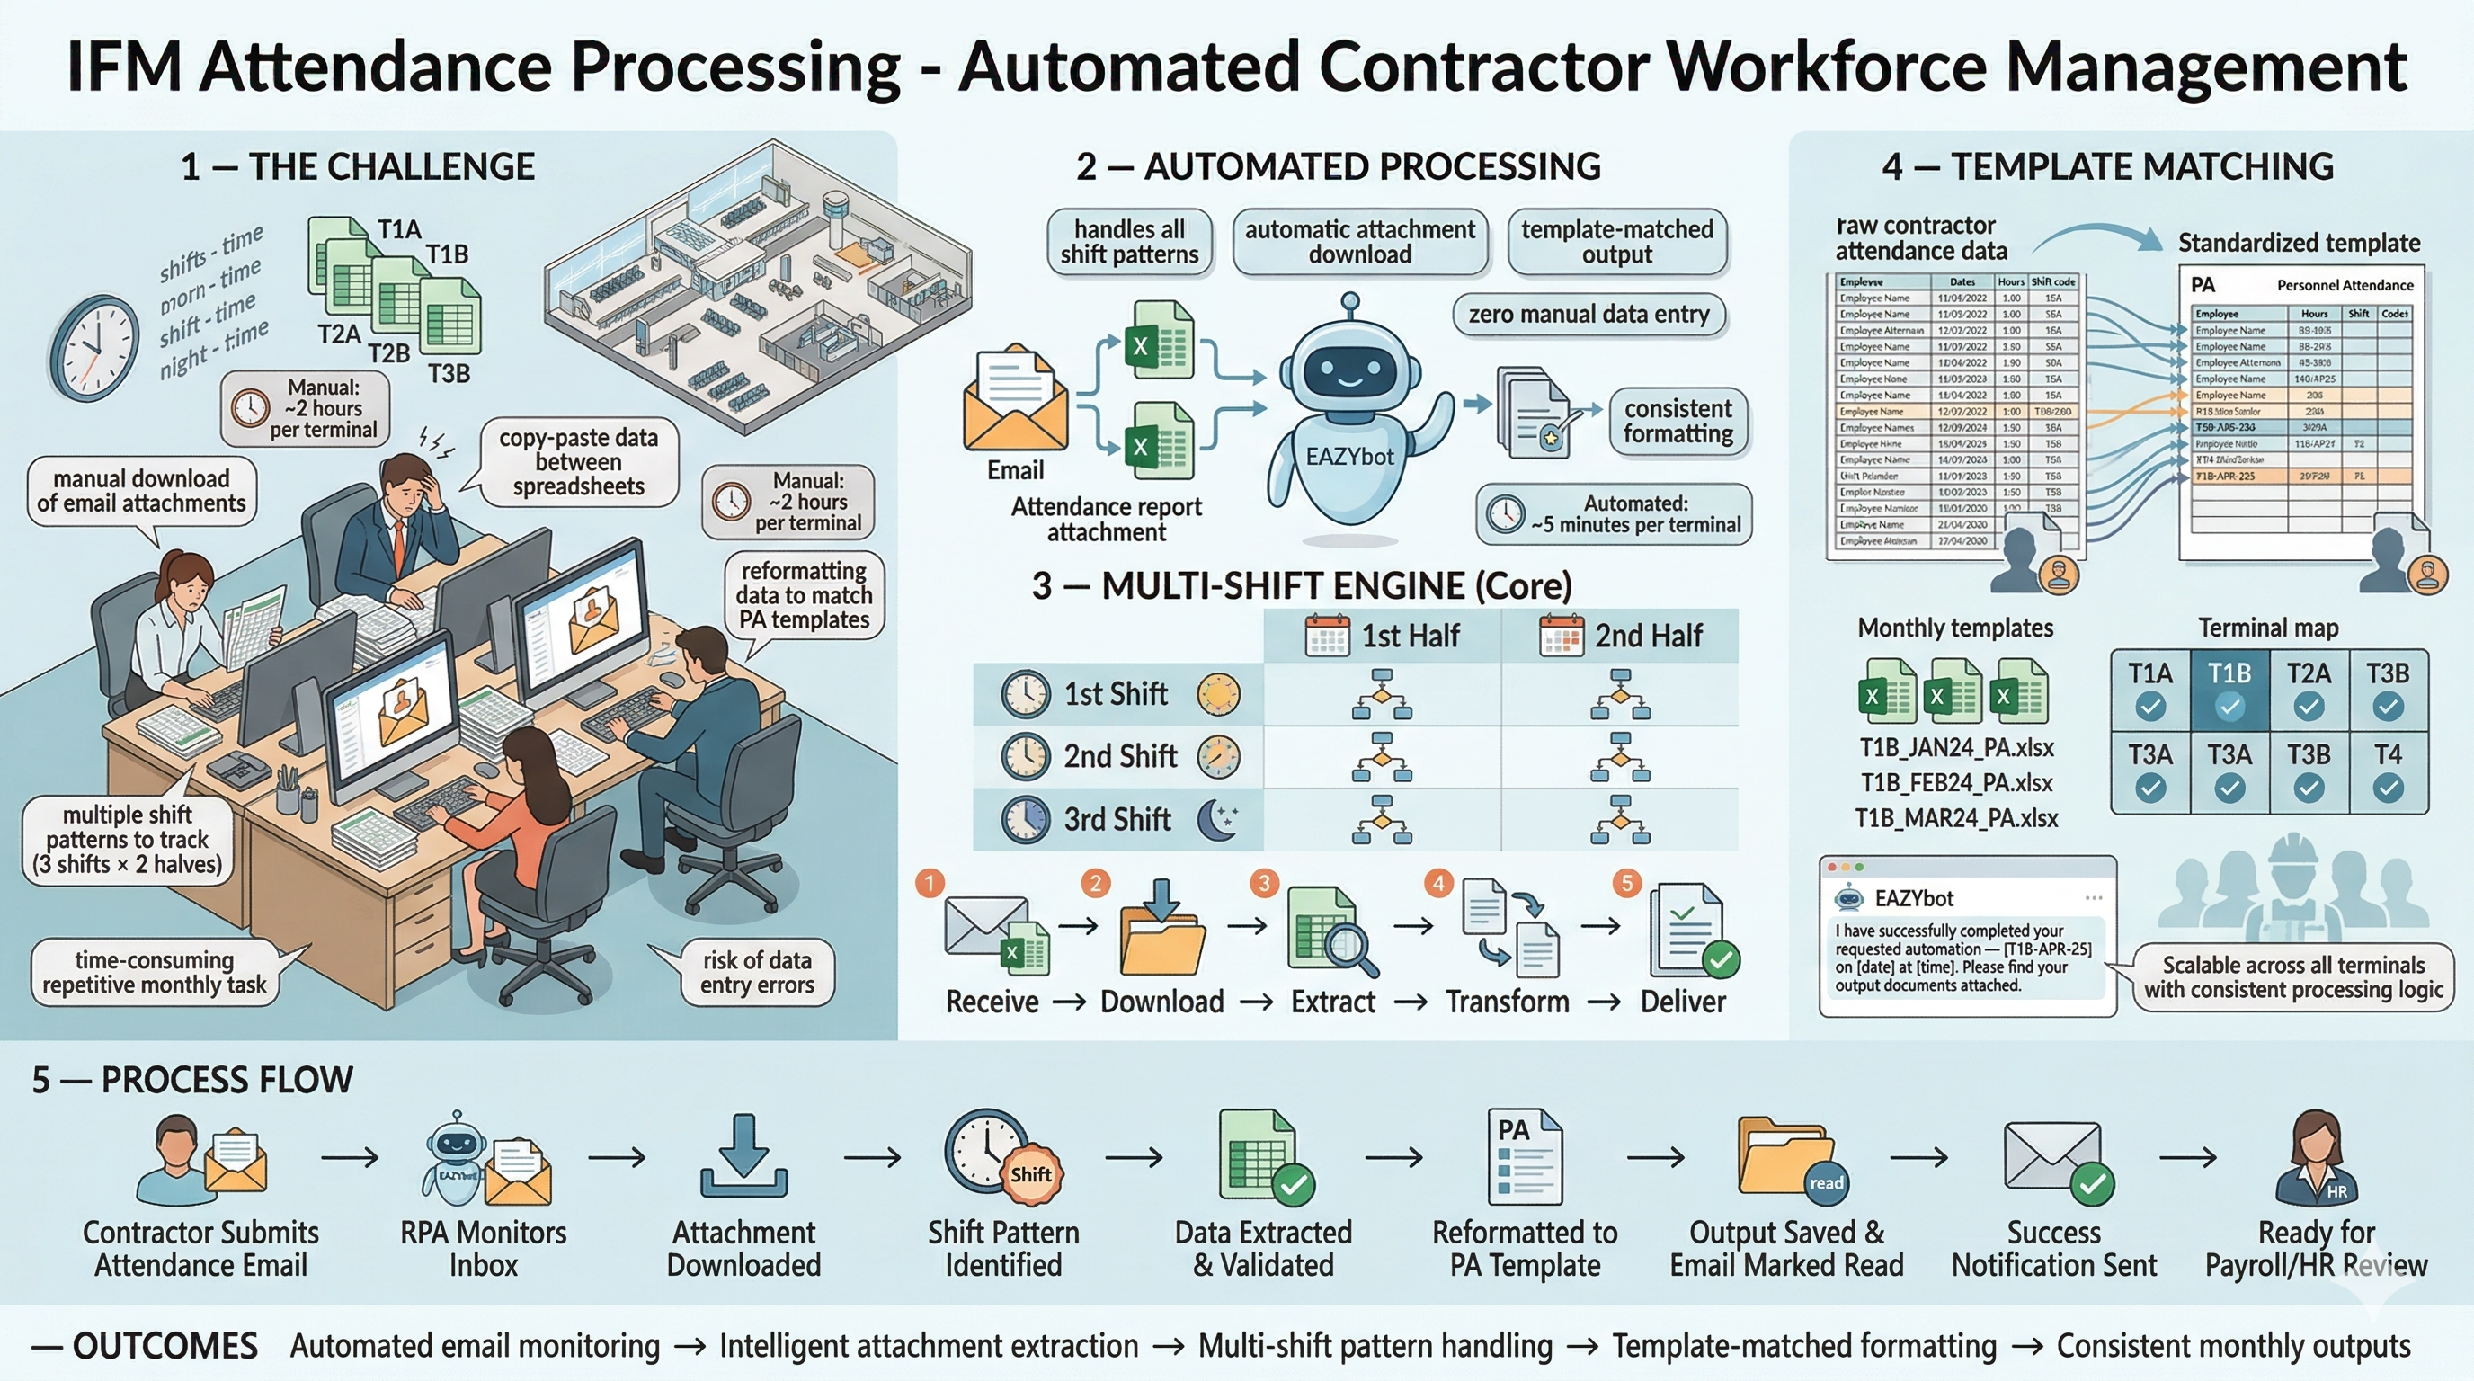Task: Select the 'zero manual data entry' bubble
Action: tap(1589, 315)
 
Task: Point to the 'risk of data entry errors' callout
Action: tap(756, 972)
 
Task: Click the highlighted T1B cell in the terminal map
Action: tap(2229, 690)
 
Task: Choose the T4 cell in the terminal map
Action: tap(2388, 771)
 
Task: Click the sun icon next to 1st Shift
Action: tap(1219, 693)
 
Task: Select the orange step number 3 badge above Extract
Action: tap(1264, 883)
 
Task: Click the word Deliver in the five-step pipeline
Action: tap(1683, 1002)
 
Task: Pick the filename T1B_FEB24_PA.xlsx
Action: tap(1956, 783)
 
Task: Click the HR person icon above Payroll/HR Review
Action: tap(2317, 1157)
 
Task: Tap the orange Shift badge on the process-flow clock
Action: tap(1030, 1174)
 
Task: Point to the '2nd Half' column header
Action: tap(1620, 636)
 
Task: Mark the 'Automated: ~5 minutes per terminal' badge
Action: tap(1615, 513)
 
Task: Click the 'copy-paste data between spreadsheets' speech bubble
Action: tap(578, 462)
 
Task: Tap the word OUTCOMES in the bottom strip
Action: tap(165, 1345)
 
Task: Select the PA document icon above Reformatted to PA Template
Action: tap(1524, 1157)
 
